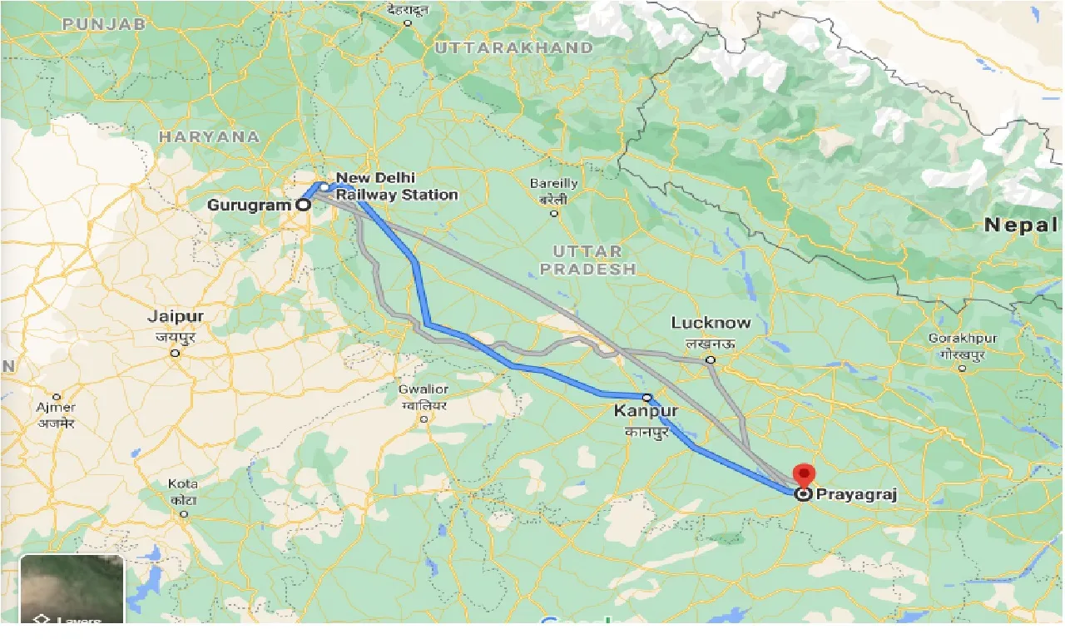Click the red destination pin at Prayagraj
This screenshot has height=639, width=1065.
[803, 476]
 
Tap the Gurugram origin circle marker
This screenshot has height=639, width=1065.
[304, 204]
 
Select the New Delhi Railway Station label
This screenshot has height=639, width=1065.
[396, 186]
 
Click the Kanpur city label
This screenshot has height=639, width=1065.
[646, 412]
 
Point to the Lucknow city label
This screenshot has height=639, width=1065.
[711, 323]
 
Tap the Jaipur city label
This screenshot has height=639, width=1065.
[175, 317]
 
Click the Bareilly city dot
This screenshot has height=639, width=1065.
[554, 213]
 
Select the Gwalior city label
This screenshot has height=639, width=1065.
[424, 389]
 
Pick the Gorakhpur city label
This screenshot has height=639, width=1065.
[963, 339]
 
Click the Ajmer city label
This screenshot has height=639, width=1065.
[57, 408]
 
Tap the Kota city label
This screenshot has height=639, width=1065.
[183, 484]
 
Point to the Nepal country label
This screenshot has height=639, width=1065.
[1020, 225]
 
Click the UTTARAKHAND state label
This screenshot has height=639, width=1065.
[513, 47]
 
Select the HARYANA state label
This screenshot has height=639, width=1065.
[209, 136]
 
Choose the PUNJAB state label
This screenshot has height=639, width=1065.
[104, 24]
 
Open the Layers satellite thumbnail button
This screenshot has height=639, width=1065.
[72, 588]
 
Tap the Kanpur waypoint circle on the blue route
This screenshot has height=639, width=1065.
[646, 398]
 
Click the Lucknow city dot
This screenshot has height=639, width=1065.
[710, 359]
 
